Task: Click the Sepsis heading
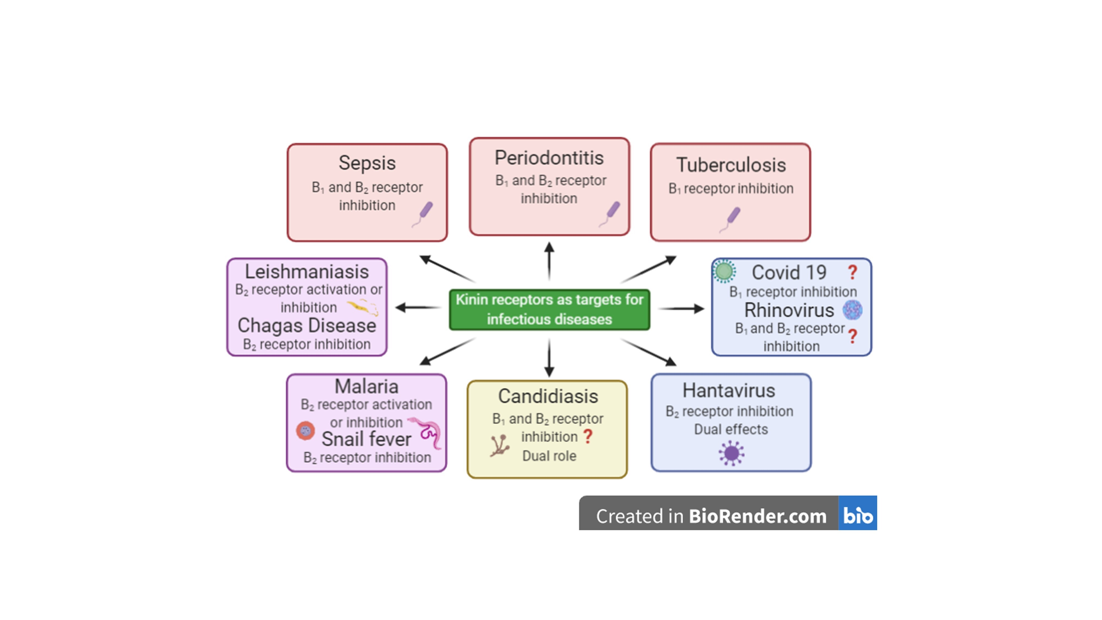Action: [367, 163]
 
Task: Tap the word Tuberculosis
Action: [731, 165]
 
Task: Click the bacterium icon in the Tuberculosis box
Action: [731, 219]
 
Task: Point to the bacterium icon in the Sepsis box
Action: [423, 214]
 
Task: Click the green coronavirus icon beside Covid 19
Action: [724, 271]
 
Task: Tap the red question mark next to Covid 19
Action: [852, 272]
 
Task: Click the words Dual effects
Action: [731, 429]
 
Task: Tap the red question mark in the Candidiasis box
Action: [588, 436]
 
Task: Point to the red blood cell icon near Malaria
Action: [306, 431]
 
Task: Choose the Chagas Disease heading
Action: [307, 326]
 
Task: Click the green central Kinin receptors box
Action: [549, 310]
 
